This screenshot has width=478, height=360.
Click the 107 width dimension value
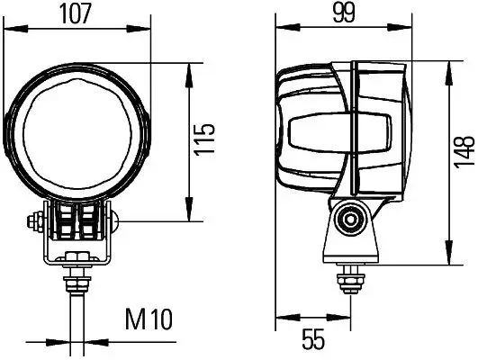[x=76, y=14]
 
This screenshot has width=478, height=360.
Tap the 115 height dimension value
[x=205, y=139]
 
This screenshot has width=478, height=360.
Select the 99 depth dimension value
[x=344, y=13]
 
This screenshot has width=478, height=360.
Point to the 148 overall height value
[x=464, y=152]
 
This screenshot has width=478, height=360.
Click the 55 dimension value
[x=313, y=339]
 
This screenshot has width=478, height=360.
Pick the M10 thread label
[x=149, y=319]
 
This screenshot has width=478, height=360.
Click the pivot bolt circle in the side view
[x=350, y=219]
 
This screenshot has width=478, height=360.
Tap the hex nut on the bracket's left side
[x=35, y=220]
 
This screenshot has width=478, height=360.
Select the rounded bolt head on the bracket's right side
[x=115, y=221]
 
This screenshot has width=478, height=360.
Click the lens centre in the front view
[x=77, y=134]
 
